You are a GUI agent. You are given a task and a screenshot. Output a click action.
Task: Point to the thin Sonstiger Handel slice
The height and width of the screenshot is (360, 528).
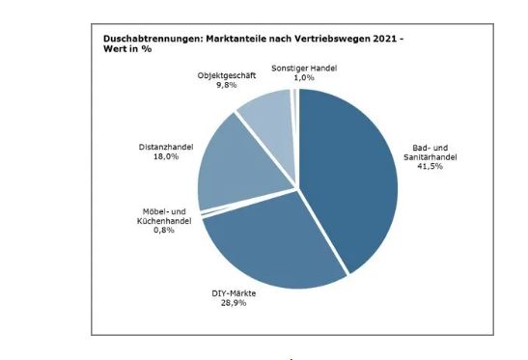(293, 97)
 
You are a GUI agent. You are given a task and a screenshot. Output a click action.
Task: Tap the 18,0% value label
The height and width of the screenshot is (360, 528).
(166, 156)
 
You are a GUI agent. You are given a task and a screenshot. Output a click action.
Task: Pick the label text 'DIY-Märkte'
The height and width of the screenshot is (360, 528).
(234, 292)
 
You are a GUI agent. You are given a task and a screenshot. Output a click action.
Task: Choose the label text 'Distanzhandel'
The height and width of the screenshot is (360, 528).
(166, 147)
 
